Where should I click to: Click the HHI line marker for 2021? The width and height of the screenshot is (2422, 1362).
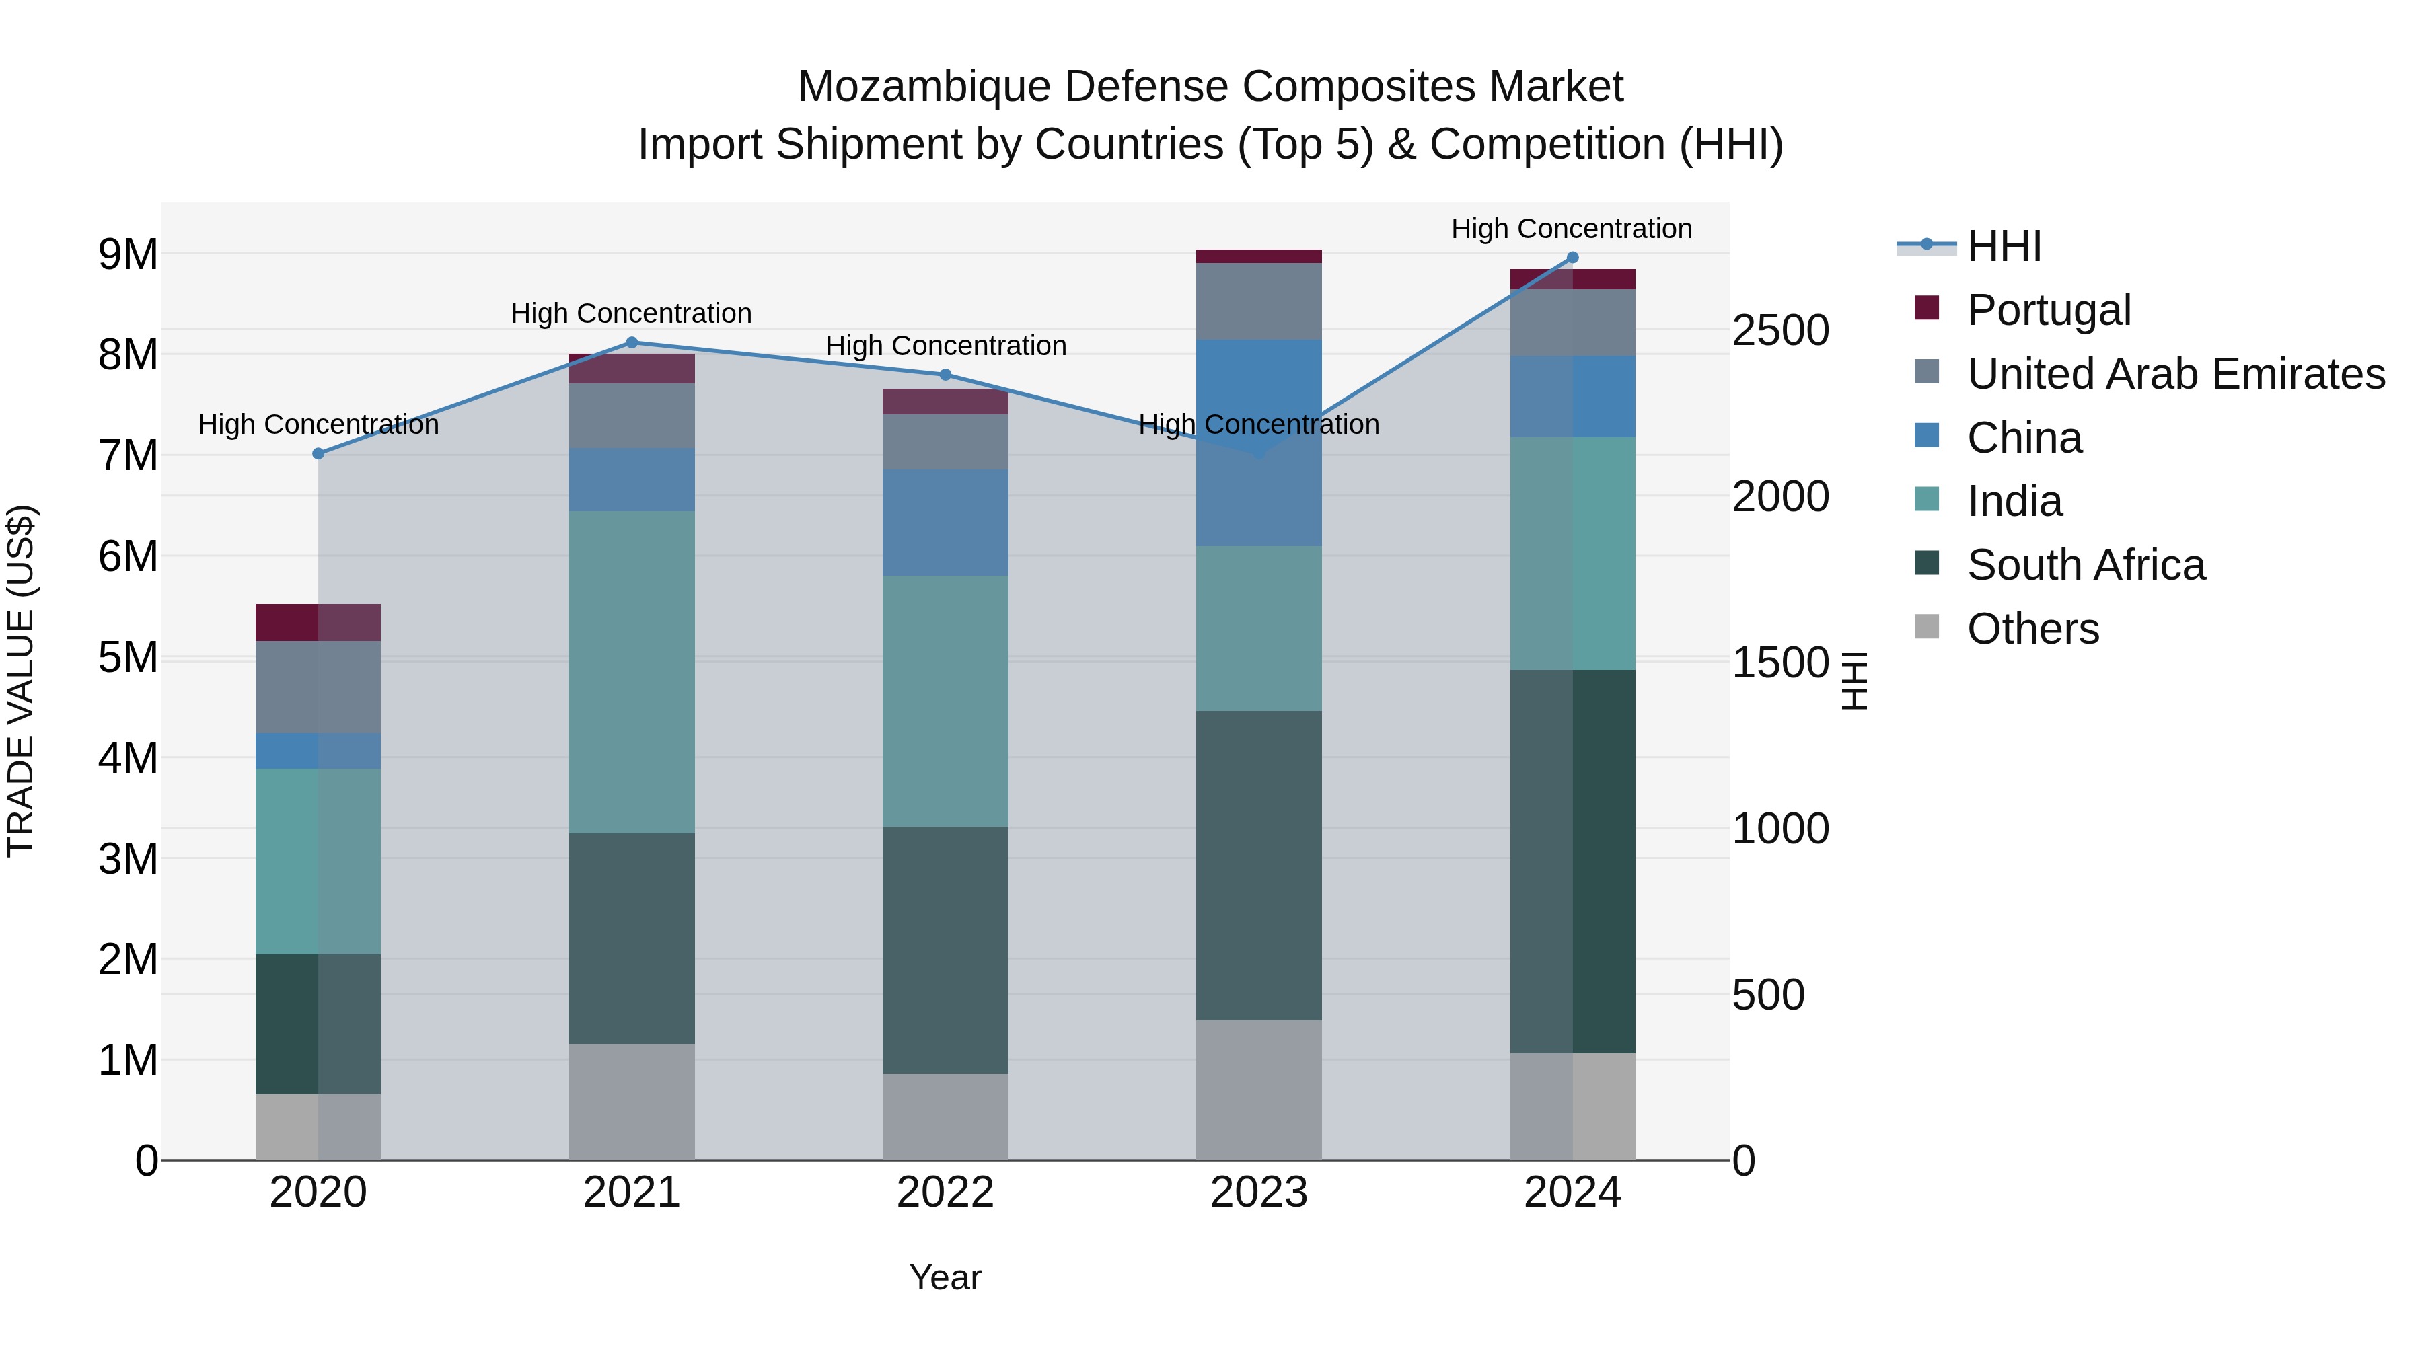pyautogui.click(x=632, y=343)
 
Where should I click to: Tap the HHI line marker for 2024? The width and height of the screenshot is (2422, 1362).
pyautogui.click(x=1572, y=258)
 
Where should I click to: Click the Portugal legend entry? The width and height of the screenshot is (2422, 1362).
pyautogui.click(x=2048, y=310)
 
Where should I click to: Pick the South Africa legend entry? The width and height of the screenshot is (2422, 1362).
pyautogui.click(x=2086, y=565)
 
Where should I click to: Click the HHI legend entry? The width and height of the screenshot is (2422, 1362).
pyautogui.click(x=2003, y=246)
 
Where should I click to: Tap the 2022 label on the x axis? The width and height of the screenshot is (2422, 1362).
pyautogui.click(x=945, y=1193)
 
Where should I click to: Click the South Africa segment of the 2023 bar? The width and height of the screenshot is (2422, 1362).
pyautogui.click(x=1258, y=865)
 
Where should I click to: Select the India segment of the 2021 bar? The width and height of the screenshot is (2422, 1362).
pyautogui.click(x=632, y=672)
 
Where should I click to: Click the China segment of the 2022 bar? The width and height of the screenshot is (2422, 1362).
pyautogui.click(x=945, y=523)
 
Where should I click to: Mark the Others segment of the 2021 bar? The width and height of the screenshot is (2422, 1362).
pyautogui.click(x=632, y=1102)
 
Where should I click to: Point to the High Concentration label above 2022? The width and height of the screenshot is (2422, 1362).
pyautogui.click(x=945, y=346)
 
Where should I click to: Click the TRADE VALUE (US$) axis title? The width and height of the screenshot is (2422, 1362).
pyautogui.click(x=21, y=681)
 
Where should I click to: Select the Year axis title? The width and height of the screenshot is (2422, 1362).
pyautogui.click(x=945, y=1277)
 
